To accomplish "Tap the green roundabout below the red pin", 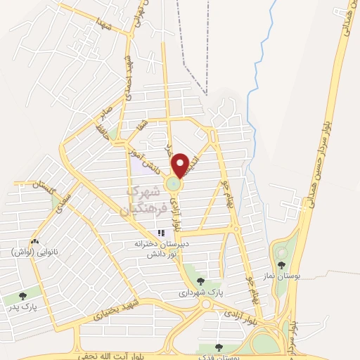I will click(x=174, y=185).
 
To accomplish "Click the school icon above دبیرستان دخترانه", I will click(x=161, y=233).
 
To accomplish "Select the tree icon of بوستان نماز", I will click(x=282, y=266).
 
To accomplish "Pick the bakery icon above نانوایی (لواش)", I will click(x=35, y=241).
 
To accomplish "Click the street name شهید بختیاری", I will click(x=119, y=310).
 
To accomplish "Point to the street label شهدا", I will click(x=105, y=26).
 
